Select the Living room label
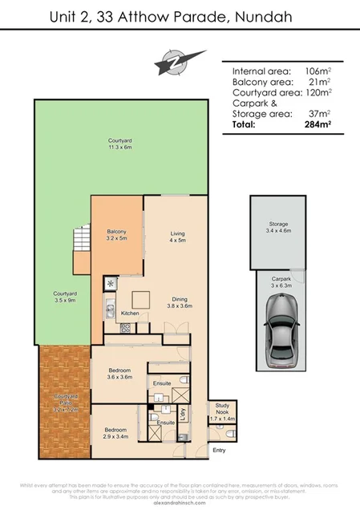click(x=176, y=236)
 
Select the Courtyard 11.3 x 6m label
click(x=120, y=144)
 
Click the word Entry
click(x=219, y=450)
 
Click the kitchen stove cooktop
click(x=125, y=327)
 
